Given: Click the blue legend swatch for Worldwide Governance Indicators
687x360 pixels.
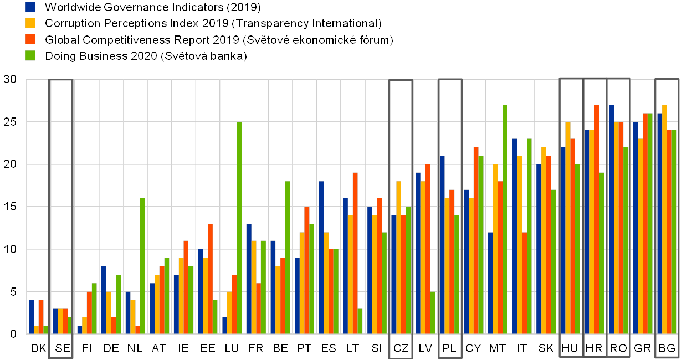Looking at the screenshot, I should coord(31,7).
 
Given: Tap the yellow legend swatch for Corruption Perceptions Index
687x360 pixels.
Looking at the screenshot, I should coord(31,23).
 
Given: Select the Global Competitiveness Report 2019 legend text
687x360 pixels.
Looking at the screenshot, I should coord(218,40).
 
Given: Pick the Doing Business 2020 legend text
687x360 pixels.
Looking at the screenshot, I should coord(145,56).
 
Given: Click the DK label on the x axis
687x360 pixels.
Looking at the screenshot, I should coord(39,348).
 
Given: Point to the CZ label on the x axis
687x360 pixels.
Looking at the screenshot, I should coord(401,348).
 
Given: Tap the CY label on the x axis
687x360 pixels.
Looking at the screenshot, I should coord(473,348).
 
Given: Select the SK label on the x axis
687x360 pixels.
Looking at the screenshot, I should coord(546,348).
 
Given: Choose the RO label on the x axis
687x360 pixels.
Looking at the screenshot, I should coord(618,348).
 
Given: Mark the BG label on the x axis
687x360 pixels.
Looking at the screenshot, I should coord(667,348).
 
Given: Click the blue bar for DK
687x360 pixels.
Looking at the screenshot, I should coord(32,317).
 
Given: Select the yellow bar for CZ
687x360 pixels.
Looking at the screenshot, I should coord(398,258).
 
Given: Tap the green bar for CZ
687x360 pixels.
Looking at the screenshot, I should coord(408,270).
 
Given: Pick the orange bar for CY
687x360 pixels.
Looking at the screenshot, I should coord(476,240).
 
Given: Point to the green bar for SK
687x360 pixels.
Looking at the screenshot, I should coord(553,261).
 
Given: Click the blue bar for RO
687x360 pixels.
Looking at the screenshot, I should coord(611,219).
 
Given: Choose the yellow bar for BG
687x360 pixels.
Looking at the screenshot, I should coord(664,219).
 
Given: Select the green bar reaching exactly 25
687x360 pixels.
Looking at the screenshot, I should coord(239,228).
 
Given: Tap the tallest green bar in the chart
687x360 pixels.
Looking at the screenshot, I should coord(505,219).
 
